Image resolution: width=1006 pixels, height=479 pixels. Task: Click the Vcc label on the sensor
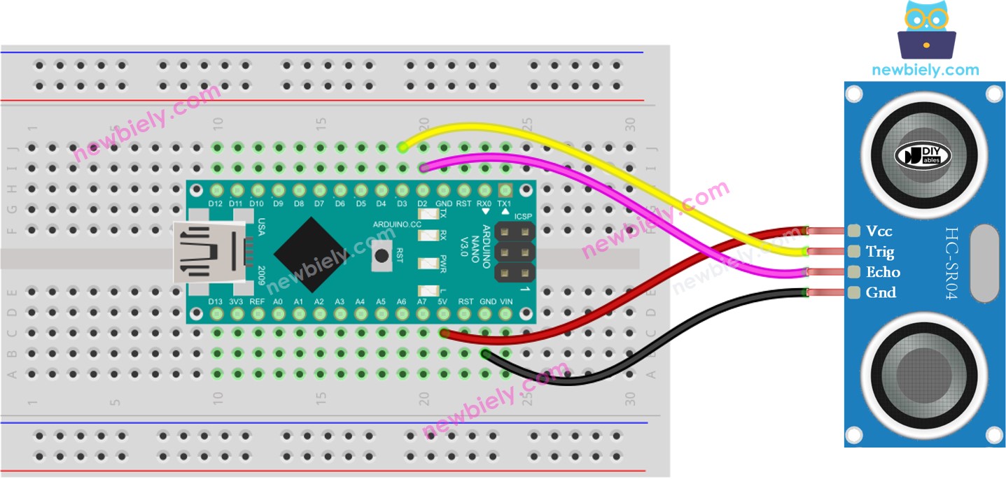[x=879, y=231]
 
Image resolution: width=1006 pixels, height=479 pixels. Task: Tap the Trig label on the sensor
[x=880, y=251]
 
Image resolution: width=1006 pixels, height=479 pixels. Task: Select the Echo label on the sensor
[x=882, y=272]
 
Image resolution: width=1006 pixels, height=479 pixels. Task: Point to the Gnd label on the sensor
[x=880, y=292]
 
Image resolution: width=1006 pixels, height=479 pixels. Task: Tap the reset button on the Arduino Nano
[x=382, y=256]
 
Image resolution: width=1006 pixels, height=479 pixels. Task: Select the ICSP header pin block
[x=515, y=252]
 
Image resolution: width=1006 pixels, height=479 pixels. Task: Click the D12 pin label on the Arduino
[x=216, y=203]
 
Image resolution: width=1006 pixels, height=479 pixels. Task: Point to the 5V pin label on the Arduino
[x=443, y=301]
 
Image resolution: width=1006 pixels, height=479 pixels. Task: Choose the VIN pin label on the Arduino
[x=505, y=301]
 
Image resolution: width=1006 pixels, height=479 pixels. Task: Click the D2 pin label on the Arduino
[x=423, y=203]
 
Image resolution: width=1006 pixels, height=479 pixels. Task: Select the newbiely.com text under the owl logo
[x=925, y=70]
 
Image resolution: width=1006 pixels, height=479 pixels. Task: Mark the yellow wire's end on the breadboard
[x=402, y=147]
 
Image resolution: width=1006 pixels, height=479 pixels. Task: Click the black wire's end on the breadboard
[x=485, y=353]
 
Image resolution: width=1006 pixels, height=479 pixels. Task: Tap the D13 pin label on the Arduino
[x=216, y=301]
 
